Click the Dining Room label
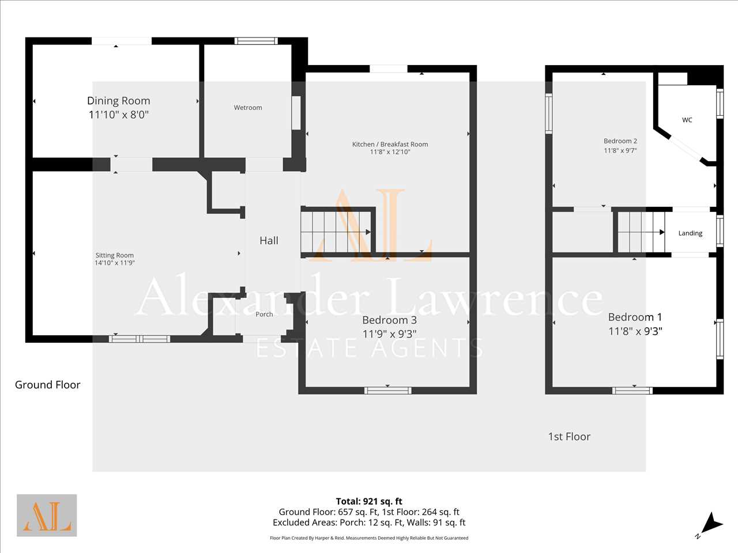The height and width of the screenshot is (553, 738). tap(118, 101)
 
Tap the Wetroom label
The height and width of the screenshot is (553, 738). tap(248, 108)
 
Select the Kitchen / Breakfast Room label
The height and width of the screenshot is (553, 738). tap(390, 144)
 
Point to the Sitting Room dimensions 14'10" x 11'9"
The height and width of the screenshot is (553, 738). tap(115, 263)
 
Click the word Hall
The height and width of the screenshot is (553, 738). tap(269, 240)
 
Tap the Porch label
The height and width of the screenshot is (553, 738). tap(264, 315)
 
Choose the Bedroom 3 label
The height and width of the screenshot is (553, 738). tap(389, 320)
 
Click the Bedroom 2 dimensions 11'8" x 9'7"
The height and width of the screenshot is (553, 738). tap(620, 150)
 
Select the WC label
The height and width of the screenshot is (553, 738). tap(687, 120)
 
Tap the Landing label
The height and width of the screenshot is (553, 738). tap(690, 233)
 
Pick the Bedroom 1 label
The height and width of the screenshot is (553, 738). tap(635, 317)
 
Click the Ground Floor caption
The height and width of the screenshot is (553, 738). tap(48, 384)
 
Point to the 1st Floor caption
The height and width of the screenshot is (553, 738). tap(569, 437)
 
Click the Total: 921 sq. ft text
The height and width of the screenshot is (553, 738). tap(369, 501)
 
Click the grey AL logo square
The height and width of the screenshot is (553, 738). tap(47, 515)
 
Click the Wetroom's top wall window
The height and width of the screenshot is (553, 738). tap(256, 41)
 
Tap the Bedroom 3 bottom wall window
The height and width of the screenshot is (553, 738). tap(387, 391)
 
